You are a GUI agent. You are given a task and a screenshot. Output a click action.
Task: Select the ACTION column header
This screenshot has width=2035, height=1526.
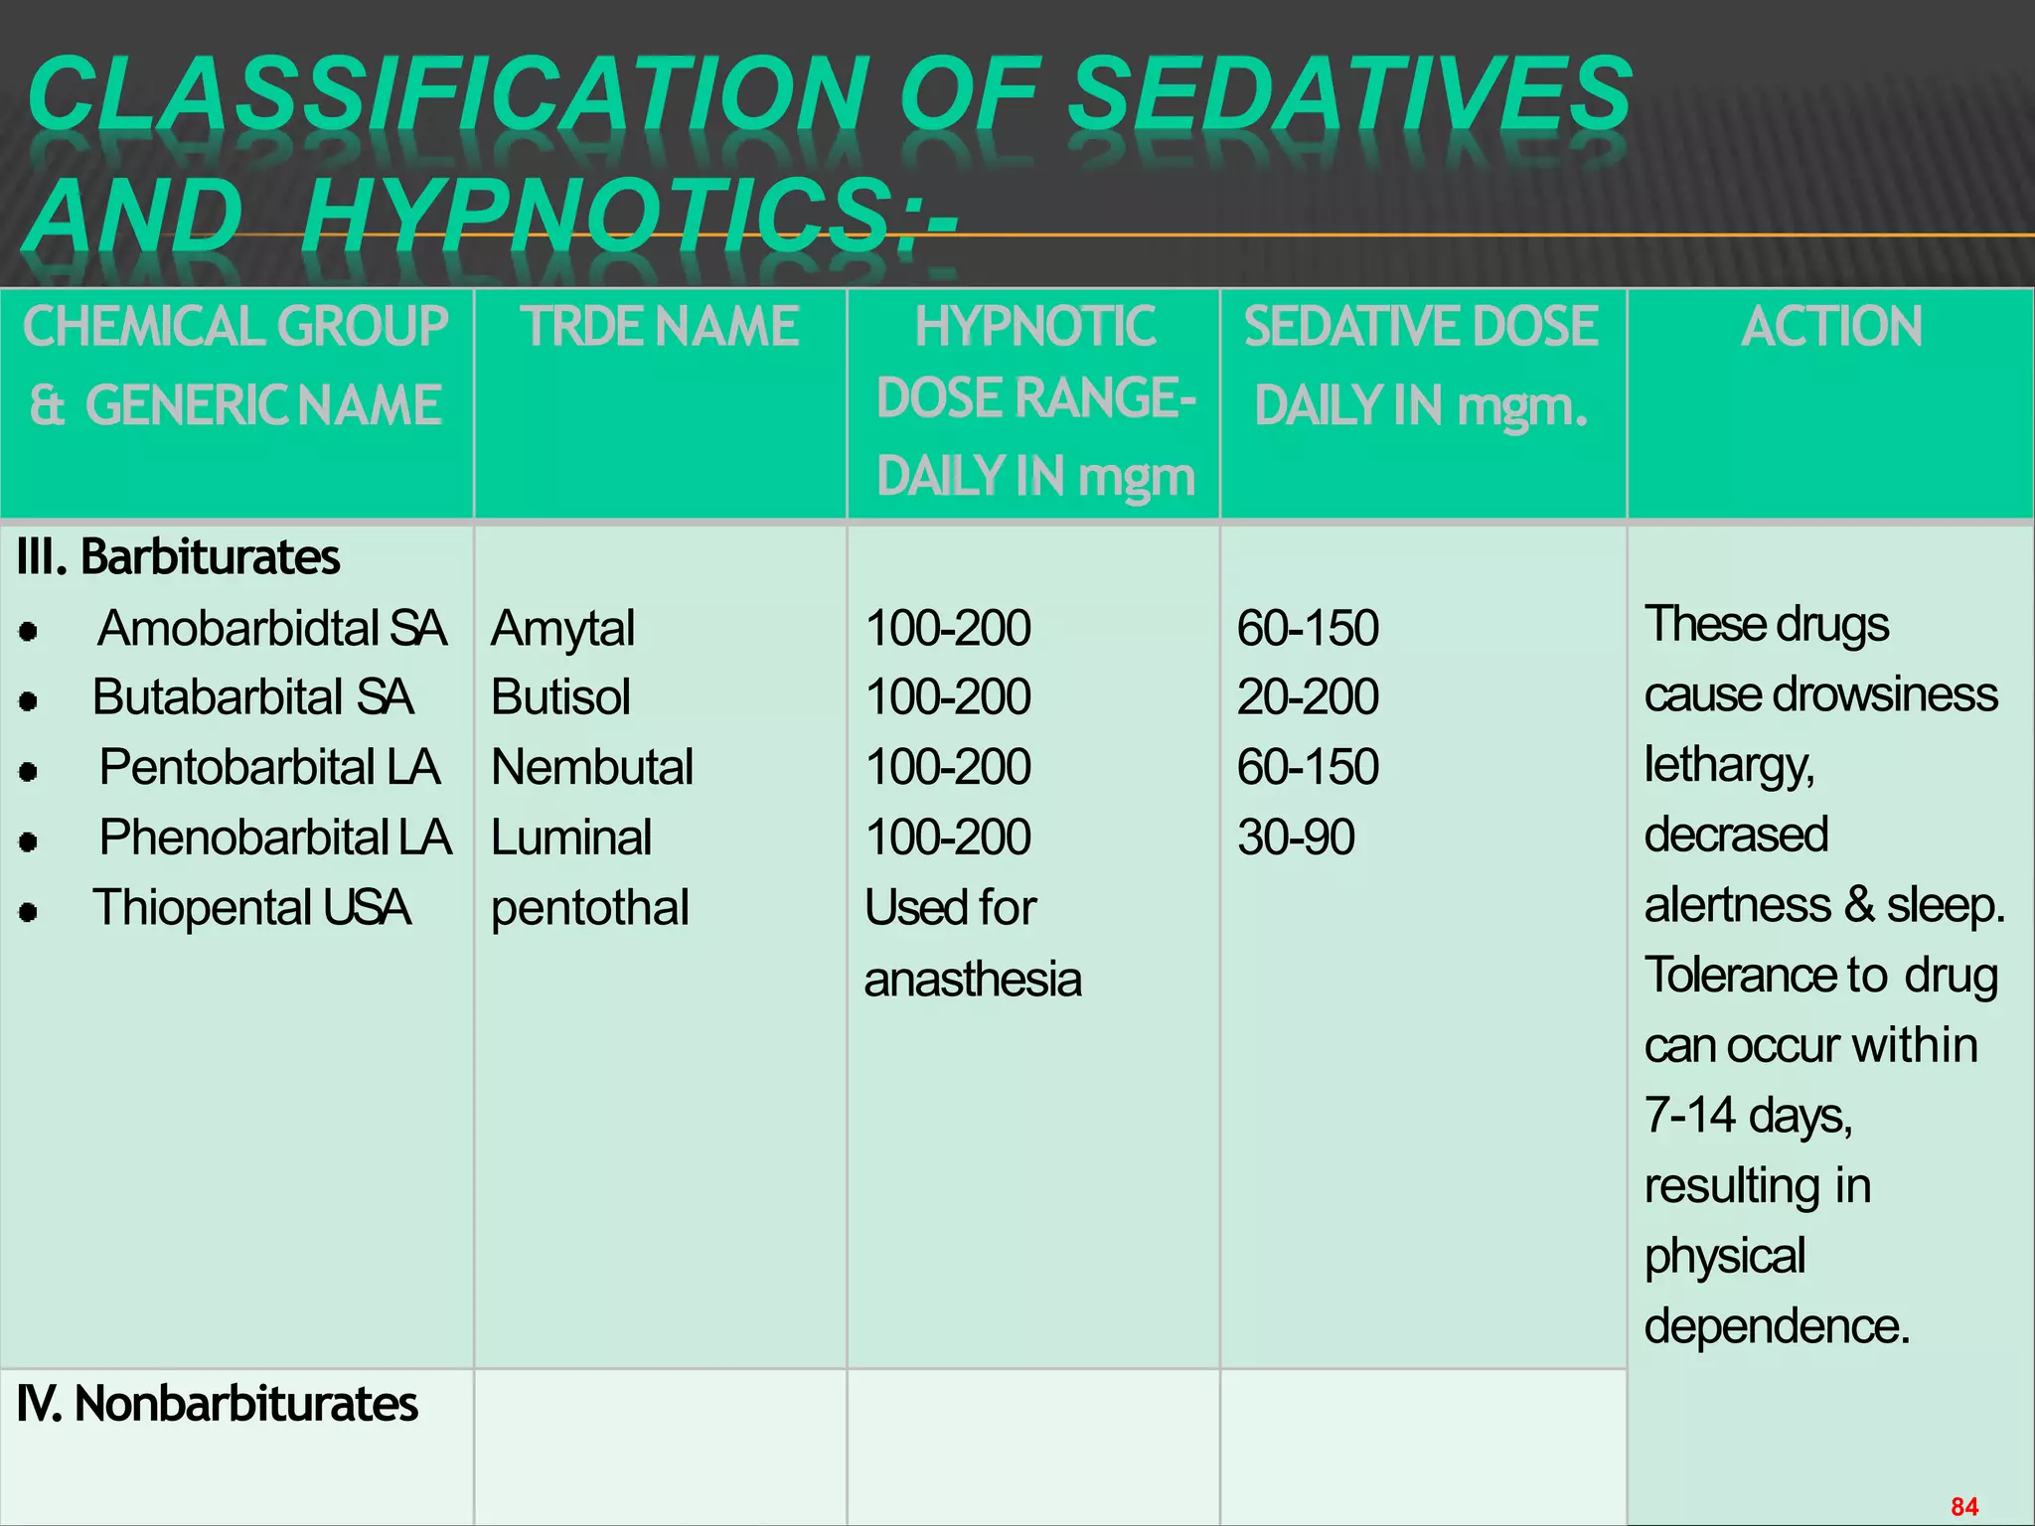pyautogui.click(x=1831, y=327)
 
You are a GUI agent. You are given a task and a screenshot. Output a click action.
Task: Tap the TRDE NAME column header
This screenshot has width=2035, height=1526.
pyautogui.click(x=660, y=327)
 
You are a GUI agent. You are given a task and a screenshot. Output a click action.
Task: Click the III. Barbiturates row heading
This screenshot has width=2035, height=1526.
pyautogui.click(x=179, y=557)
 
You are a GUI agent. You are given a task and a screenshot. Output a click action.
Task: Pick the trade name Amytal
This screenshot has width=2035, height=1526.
pyautogui.click(x=562, y=629)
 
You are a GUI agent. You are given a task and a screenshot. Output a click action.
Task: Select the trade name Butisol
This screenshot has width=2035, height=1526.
pyautogui.click(x=560, y=697)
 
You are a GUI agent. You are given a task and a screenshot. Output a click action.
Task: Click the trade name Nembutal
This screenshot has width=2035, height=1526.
pyautogui.click(x=592, y=768)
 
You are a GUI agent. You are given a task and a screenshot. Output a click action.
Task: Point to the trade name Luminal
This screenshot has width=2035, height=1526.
pyautogui.click(x=571, y=838)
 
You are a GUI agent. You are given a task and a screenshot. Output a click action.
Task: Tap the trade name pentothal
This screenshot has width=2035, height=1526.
pyautogui.click(x=589, y=908)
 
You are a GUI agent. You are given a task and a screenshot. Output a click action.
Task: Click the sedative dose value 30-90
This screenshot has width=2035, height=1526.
pyautogui.click(x=1296, y=838)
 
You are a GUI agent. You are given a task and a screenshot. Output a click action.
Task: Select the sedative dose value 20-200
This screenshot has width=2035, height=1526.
pyautogui.click(x=1308, y=697)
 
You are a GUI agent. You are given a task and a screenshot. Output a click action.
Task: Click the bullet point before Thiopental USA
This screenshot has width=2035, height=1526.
pyautogui.click(x=29, y=912)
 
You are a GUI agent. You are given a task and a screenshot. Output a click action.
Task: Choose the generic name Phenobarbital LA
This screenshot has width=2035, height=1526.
pyautogui.click(x=275, y=838)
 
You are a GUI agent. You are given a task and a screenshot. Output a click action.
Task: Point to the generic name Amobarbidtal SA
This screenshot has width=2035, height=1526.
pyautogui.click(x=271, y=629)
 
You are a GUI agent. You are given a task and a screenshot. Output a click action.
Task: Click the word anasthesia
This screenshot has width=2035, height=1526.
pyautogui.click(x=972, y=980)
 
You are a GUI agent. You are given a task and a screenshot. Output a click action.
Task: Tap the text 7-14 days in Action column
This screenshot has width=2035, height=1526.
pyautogui.click(x=1748, y=1116)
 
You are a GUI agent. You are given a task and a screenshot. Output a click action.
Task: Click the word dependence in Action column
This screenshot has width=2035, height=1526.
pyautogui.click(x=1776, y=1326)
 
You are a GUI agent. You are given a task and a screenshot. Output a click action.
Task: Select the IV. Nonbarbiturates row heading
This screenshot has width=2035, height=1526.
pyautogui.click(x=218, y=1405)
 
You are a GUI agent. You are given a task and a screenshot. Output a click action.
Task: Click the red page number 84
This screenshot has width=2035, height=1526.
pyautogui.click(x=1964, y=1506)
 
